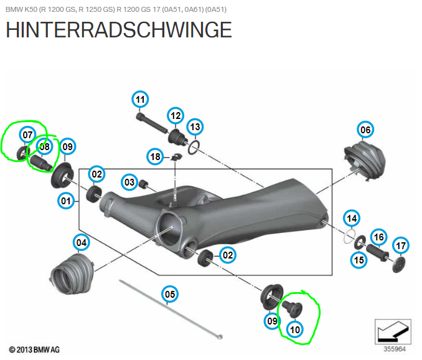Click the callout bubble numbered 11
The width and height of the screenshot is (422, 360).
[140, 100]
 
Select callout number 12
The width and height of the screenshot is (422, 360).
[175, 115]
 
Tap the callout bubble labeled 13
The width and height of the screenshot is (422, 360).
[195, 127]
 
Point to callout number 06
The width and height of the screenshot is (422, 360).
[365, 130]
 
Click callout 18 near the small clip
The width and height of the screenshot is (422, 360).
[154, 156]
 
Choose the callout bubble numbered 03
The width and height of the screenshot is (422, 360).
[129, 182]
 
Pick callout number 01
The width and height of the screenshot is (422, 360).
[66, 201]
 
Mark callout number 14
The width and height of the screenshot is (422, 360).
[352, 218]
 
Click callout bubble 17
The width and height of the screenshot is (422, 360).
[401, 245]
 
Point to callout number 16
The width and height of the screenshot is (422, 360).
[378, 237]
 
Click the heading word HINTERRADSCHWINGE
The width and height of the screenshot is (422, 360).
[118, 29]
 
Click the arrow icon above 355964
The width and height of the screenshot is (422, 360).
[392, 329]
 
